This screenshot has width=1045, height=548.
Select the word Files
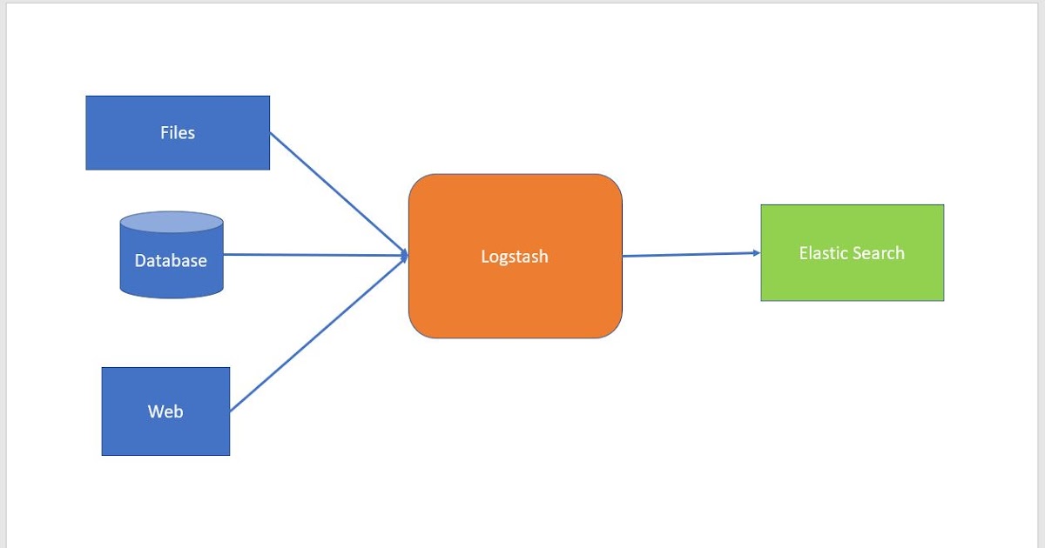click(178, 132)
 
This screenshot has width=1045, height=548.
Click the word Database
click(171, 260)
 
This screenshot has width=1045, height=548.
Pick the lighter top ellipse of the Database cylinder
click(171, 222)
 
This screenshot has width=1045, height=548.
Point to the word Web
click(165, 411)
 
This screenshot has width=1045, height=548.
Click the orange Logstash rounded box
click(515, 296)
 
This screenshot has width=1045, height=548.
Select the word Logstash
click(515, 257)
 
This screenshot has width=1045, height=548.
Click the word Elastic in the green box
click(823, 253)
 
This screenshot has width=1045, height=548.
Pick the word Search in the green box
click(878, 253)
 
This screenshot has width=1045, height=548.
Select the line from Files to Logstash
click(340, 194)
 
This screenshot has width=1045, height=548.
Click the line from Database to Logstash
click(313, 255)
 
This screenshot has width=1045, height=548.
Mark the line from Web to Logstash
click(318, 334)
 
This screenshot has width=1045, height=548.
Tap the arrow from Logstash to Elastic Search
click(688, 254)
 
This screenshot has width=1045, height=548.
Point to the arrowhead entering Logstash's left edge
click(405, 256)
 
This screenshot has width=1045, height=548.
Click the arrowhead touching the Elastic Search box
click(756, 253)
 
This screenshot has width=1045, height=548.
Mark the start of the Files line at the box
click(272, 134)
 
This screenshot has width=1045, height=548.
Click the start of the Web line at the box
click(232, 410)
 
